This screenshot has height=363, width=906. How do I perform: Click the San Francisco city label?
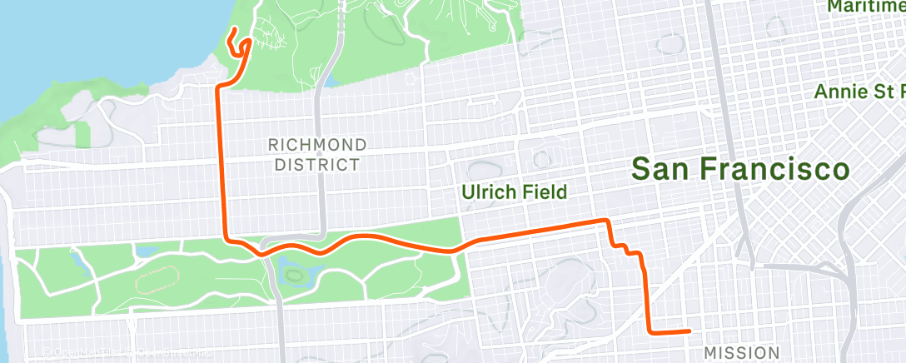pos(740,170)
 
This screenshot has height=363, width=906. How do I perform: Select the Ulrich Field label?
pos(515,192)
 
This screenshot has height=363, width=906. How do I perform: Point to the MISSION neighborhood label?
pos(742,352)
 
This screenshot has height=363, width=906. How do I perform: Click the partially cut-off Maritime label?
pos(867,7)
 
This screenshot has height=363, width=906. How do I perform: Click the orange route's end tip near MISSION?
pos(689,331)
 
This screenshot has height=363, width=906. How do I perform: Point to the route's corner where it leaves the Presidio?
pos(219,87)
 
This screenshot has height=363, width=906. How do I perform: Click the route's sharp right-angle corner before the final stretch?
pos(650,331)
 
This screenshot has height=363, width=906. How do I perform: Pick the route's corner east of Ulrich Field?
pos(607,221)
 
